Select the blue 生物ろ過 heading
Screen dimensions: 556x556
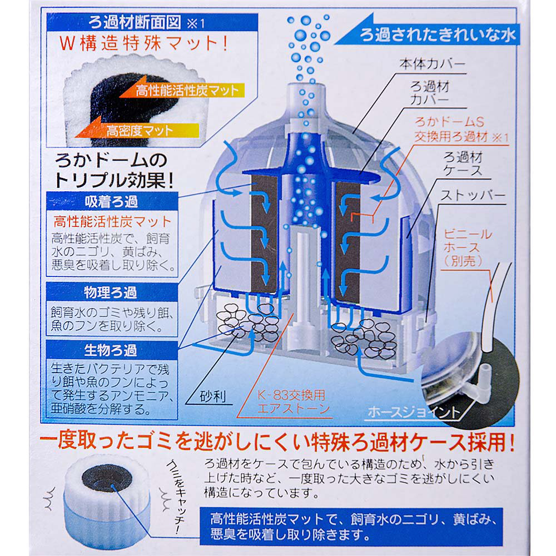pyautogui.click(x=111, y=351)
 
